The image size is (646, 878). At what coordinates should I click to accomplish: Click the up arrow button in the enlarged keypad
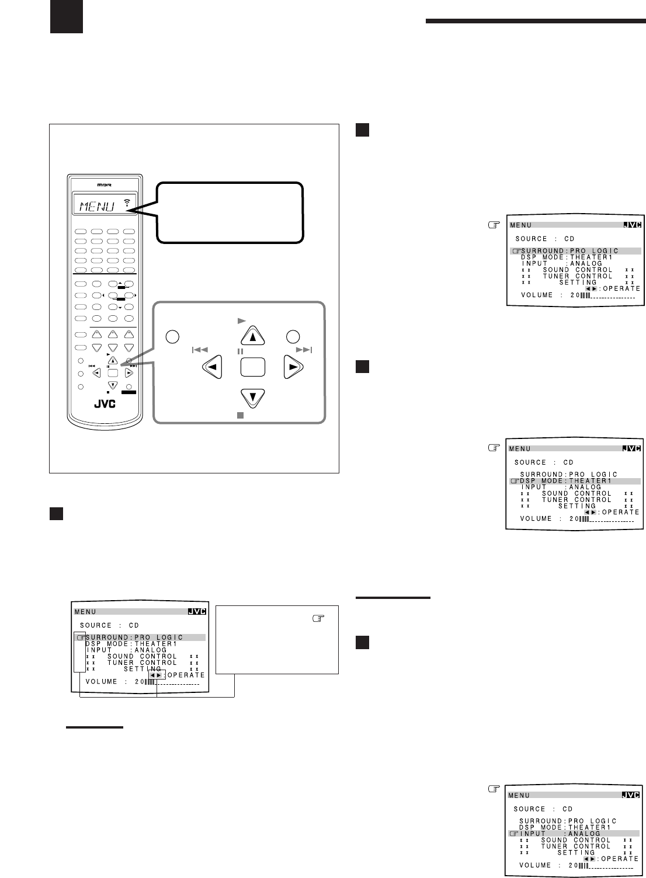tap(253, 336)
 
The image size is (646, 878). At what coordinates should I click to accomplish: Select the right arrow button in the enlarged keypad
tap(293, 367)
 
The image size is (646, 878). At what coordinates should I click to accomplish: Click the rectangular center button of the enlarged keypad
tap(253, 367)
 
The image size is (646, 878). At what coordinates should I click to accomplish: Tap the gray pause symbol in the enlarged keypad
tap(240, 351)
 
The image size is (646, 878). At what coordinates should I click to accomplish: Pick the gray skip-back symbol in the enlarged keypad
tap(200, 350)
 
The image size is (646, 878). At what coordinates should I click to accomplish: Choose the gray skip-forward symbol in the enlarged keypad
tap(304, 350)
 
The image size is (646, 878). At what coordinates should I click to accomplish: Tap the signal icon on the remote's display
tap(127, 203)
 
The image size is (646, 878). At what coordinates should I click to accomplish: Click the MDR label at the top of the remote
tap(105, 185)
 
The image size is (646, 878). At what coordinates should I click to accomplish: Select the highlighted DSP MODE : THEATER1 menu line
tap(575, 481)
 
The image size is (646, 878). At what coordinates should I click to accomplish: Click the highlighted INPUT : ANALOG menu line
tap(574, 834)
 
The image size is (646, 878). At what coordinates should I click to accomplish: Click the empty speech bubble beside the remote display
tap(230, 212)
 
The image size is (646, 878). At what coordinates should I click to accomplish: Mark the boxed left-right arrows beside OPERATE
tap(156, 675)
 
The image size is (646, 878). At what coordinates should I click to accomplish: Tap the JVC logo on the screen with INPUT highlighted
tap(631, 795)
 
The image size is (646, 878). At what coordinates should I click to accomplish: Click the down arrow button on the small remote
tap(113, 385)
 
